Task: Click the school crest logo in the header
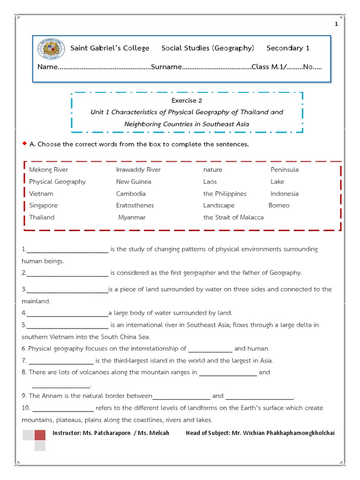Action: click(x=52, y=48)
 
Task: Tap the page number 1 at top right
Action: click(x=336, y=24)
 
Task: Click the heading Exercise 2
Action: click(x=187, y=100)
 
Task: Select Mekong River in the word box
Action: click(x=48, y=170)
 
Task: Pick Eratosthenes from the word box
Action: click(x=135, y=205)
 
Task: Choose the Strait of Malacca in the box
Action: click(x=233, y=217)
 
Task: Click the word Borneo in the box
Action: click(x=279, y=205)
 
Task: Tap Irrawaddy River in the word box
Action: click(x=138, y=170)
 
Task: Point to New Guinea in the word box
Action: click(x=134, y=182)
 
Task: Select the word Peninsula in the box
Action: click(x=285, y=170)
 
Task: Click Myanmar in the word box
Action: click(x=132, y=217)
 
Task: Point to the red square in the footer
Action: click(x=40, y=435)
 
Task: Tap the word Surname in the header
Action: click(x=166, y=67)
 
